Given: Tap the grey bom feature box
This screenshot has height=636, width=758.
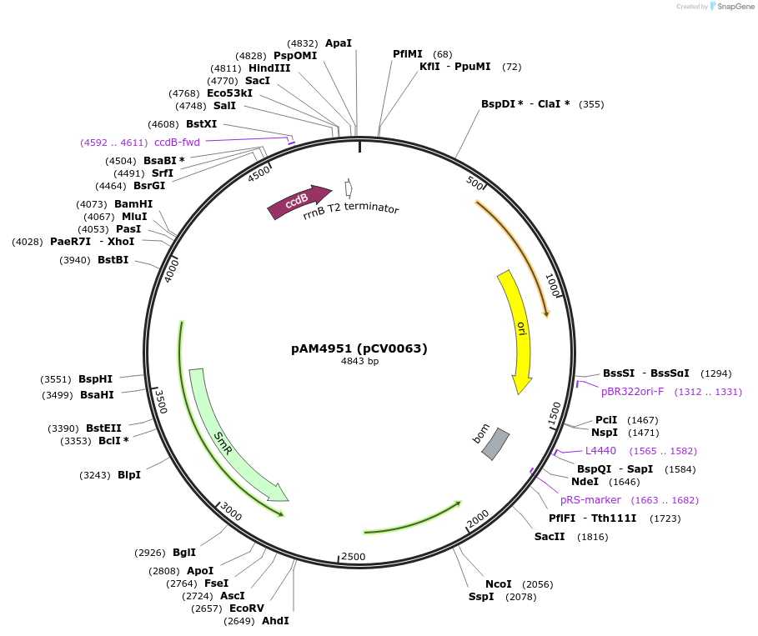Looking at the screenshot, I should point(496,443).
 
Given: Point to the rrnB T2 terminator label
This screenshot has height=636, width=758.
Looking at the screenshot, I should point(351,209).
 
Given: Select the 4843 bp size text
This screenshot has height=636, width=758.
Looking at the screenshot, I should point(359,362).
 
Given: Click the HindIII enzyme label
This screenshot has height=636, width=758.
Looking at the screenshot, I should point(269,68).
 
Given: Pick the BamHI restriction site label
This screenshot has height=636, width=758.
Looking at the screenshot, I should point(133,204).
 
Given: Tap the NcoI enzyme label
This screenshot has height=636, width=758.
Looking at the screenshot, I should point(499,584).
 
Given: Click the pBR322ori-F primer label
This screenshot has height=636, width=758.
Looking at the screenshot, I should point(632,392).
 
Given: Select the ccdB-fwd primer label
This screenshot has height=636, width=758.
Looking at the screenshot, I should point(177,143).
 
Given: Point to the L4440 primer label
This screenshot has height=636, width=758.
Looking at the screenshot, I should point(600,451).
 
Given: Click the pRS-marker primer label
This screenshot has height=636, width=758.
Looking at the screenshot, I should point(590,500).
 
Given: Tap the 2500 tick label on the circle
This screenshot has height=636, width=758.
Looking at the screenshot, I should point(354,556).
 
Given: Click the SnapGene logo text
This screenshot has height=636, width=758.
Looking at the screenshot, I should point(733,7).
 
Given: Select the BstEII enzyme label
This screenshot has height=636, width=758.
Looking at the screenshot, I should point(103,428).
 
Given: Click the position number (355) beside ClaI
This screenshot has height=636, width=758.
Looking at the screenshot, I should point(591,104).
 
